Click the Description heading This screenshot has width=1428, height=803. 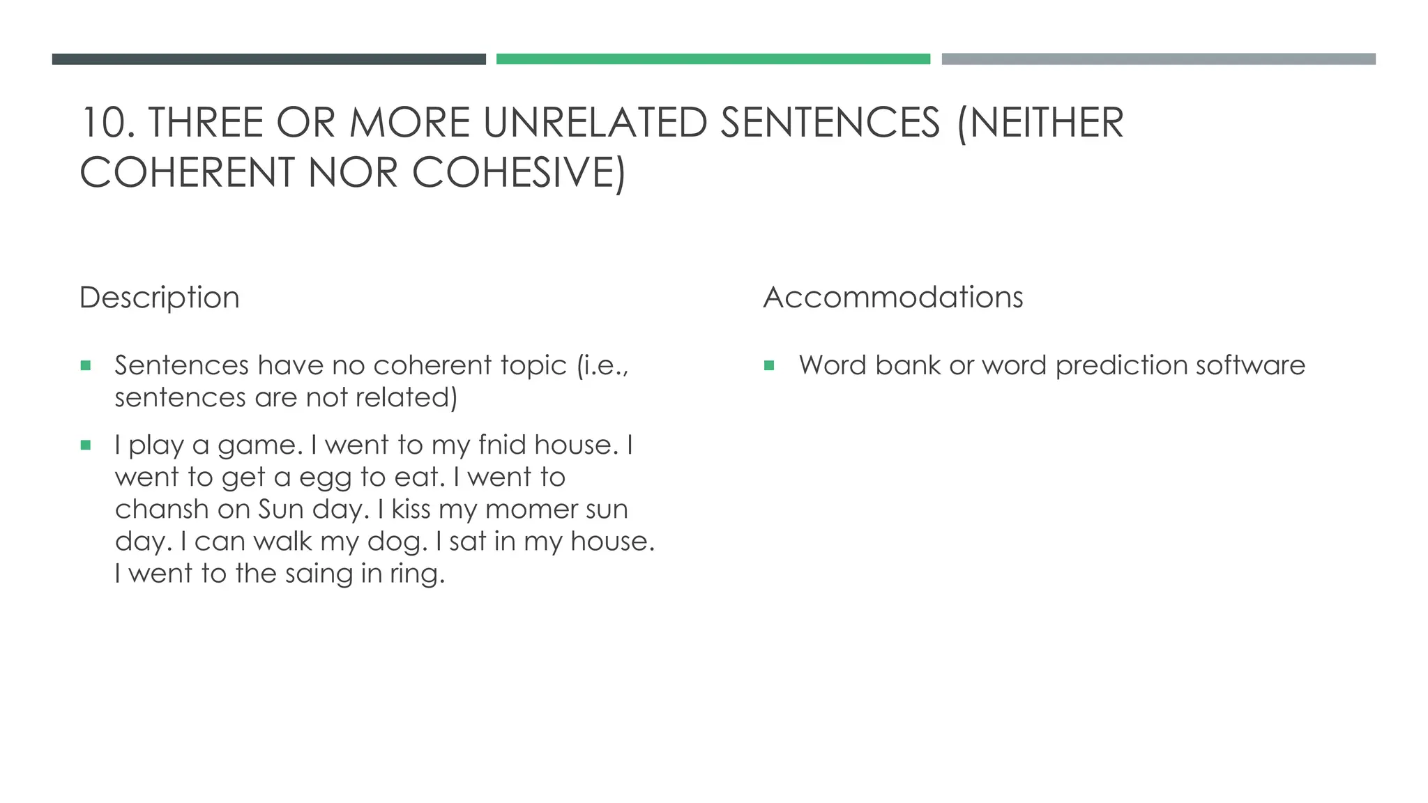click(160, 298)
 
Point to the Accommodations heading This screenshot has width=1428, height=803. click(893, 298)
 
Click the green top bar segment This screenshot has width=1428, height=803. click(713, 59)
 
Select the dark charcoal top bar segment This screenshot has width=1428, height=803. click(268, 59)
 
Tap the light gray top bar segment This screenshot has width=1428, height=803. click(1158, 59)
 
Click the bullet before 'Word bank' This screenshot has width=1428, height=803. click(769, 365)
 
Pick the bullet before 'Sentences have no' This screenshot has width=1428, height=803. click(86, 365)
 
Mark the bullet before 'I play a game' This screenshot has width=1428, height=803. click(86, 445)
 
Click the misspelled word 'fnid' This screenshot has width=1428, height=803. click(501, 445)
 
